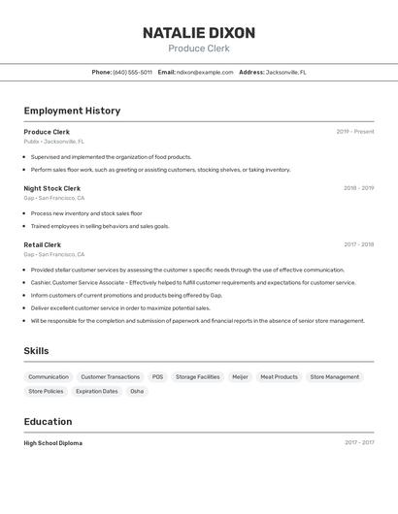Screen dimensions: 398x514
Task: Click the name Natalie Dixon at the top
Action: tap(199, 33)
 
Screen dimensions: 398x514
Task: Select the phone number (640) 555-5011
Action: tap(132, 72)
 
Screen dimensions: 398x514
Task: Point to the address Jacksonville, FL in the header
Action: tap(286, 72)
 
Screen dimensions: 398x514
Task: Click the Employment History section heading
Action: tap(72, 111)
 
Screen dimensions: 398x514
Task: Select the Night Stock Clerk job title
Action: tap(52, 188)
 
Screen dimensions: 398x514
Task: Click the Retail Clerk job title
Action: tap(43, 245)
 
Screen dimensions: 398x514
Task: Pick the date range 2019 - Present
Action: tap(355, 132)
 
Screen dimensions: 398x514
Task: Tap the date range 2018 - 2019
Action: tap(358, 188)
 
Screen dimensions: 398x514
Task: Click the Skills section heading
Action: tap(36, 351)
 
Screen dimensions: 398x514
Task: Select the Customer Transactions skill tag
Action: tap(110, 377)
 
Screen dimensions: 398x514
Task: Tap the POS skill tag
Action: tap(157, 377)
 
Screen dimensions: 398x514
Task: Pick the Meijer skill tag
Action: tap(240, 377)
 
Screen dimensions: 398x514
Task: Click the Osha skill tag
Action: tap(137, 392)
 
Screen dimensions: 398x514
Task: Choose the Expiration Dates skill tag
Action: tap(97, 392)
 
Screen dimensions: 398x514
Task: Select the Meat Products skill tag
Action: tap(280, 377)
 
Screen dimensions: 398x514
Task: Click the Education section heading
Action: tap(48, 422)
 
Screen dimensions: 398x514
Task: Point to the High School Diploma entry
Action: tap(53, 443)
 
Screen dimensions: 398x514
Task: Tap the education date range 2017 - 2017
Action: tap(359, 443)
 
